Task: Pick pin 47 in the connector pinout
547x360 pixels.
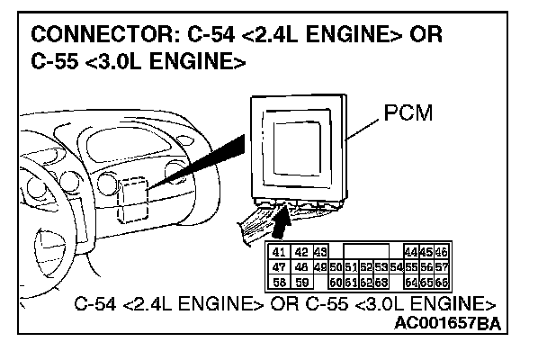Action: click(x=280, y=267)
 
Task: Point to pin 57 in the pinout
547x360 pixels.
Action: click(x=441, y=267)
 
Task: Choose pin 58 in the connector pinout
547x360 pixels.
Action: click(x=280, y=281)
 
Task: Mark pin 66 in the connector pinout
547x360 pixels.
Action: click(x=441, y=281)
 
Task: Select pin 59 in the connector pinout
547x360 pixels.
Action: click(x=301, y=281)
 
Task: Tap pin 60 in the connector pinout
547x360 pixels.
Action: click(x=337, y=281)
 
